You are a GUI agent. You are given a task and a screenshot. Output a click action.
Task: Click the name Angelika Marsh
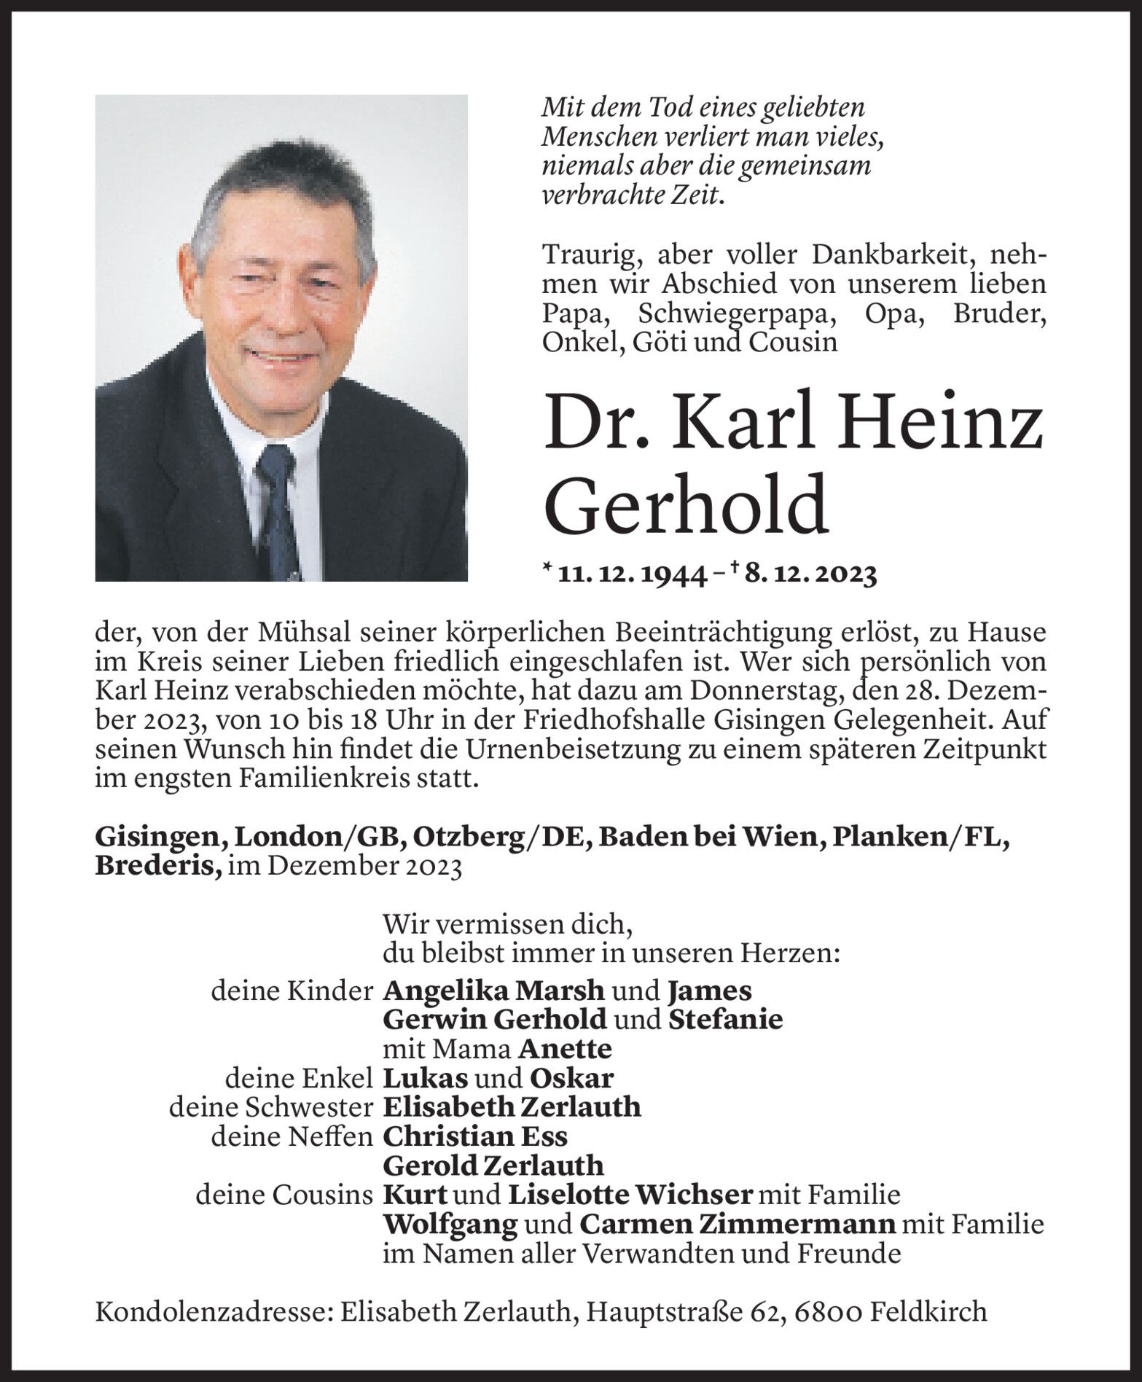tap(493, 991)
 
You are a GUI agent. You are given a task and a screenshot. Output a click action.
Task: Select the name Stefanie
tap(724, 1019)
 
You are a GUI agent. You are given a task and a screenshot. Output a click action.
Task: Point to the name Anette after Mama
tap(566, 1049)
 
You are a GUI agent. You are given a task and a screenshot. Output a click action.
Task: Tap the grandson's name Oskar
tap(572, 1078)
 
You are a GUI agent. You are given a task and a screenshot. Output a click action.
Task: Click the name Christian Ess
tap(475, 1136)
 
